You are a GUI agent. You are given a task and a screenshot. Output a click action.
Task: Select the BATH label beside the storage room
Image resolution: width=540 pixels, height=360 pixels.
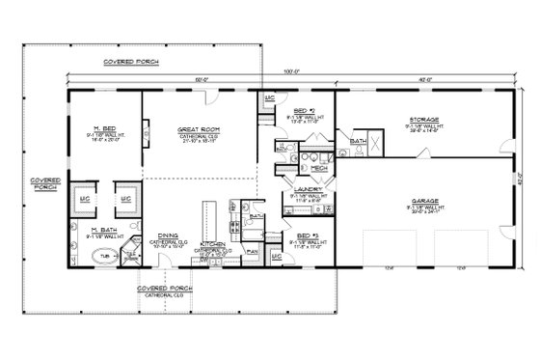357,142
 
